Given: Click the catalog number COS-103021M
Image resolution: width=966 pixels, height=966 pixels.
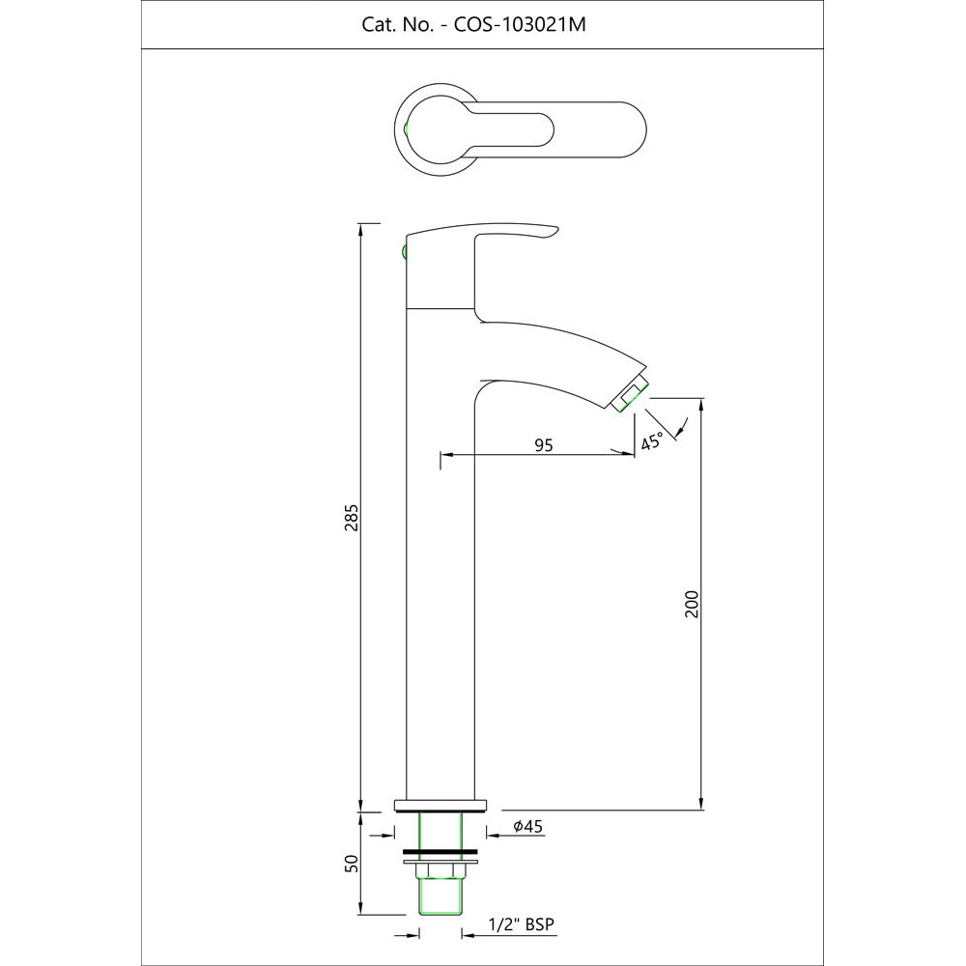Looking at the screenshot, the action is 520,25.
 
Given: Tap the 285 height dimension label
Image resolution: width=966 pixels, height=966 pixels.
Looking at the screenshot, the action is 352,518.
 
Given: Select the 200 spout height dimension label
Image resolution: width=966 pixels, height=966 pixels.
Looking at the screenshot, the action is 692,604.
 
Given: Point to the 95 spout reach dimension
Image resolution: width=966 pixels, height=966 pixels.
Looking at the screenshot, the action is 543,444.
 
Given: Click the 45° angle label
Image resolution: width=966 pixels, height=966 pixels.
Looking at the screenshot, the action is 652,441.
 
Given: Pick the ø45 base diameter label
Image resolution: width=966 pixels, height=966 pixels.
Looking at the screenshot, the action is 527,826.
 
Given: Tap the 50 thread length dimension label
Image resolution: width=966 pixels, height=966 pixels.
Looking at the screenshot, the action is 352,863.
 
